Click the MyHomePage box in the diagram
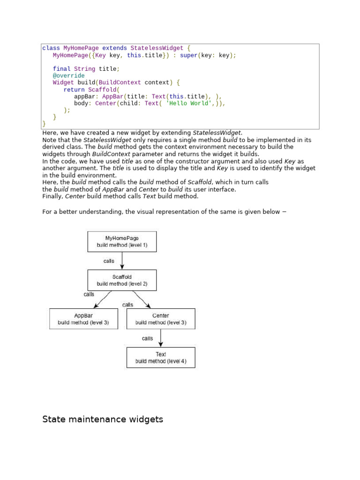(122, 241)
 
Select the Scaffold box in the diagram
(122, 280)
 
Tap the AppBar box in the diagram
(83, 319)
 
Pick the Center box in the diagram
(161, 319)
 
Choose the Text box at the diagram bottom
(161, 357)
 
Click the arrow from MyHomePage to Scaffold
(122, 261)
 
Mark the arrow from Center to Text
(161, 337)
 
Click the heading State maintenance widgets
(103, 419)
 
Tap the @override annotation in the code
(69, 75)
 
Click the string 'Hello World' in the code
(186, 103)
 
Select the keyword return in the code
(74, 90)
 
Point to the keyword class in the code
(51, 48)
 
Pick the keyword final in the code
(61, 69)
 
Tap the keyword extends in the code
(114, 48)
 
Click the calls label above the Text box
(147, 338)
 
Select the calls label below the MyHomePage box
(109, 261)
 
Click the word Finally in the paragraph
(52, 196)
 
